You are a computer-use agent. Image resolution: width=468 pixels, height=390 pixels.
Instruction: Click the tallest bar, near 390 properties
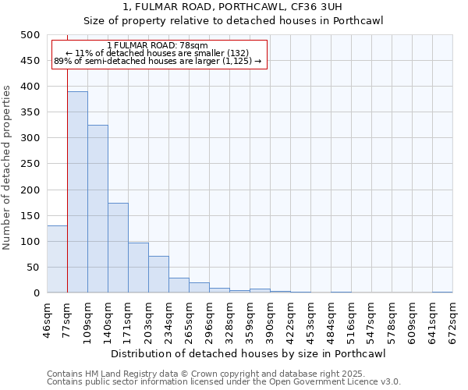[77, 192]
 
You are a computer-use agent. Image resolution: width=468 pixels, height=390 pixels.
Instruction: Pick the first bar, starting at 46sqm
[57, 259]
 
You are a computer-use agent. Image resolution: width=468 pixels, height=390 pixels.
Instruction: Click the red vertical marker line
[67, 195]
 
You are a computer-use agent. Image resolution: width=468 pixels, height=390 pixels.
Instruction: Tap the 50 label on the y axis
[33, 268]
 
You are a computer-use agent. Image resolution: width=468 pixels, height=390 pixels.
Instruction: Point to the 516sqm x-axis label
[352, 318]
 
